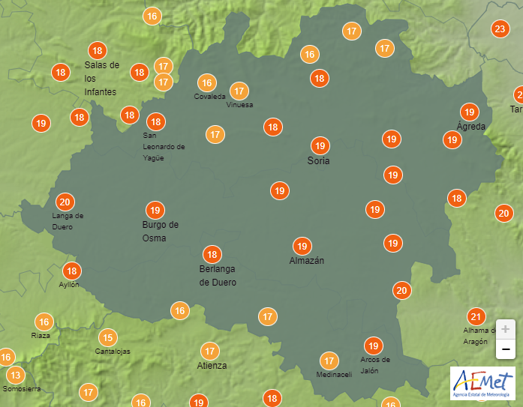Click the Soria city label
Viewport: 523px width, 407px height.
click(x=319, y=160)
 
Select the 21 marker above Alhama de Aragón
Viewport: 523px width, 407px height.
click(x=476, y=316)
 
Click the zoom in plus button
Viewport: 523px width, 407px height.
click(x=506, y=329)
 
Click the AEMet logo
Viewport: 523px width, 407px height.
click(x=482, y=382)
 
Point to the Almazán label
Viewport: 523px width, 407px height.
click(x=307, y=261)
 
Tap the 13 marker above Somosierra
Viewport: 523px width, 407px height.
click(x=15, y=374)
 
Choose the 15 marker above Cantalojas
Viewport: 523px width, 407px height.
click(x=109, y=337)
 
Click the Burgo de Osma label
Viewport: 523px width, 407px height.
click(x=160, y=232)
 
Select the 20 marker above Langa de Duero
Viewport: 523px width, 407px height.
click(x=65, y=202)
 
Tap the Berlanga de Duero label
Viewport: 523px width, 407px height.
click(x=218, y=276)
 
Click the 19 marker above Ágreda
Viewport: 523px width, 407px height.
click(x=470, y=112)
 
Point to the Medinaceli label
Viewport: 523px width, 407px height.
click(x=334, y=375)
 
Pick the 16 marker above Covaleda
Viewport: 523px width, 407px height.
click(x=207, y=82)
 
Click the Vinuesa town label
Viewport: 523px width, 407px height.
click(x=239, y=105)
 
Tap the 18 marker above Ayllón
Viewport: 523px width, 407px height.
click(x=72, y=271)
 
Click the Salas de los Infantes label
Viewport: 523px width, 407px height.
click(x=101, y=78)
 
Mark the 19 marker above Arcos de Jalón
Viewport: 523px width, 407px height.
click(x=373, y=346)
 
